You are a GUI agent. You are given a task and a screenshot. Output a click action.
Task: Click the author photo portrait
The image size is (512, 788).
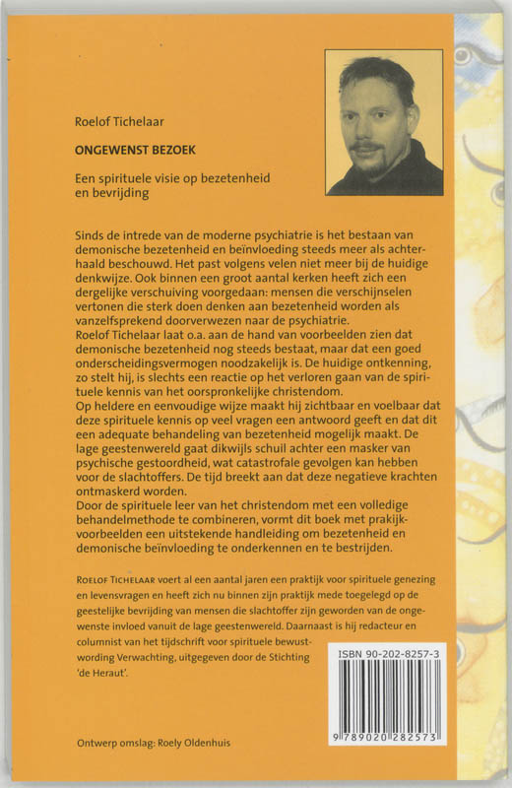[x=384, y=122]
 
